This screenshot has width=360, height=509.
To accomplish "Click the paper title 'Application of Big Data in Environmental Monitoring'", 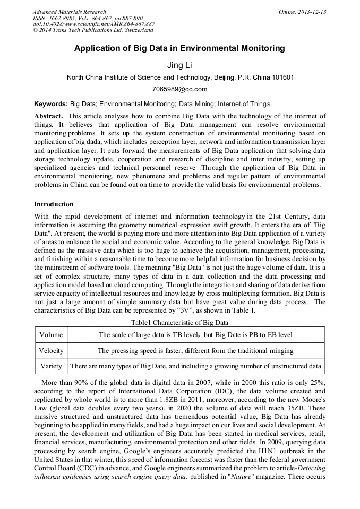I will pos(179,48).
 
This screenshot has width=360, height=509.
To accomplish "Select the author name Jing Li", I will pos(179,65).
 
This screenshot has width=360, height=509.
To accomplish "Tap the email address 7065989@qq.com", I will pos(179,89).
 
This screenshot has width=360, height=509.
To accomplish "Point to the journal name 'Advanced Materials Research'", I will pos(69,12).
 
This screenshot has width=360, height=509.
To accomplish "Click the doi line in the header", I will pos(93,24).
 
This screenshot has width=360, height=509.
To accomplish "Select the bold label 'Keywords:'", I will pos(51,104).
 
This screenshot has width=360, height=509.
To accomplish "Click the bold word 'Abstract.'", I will pos(49,116).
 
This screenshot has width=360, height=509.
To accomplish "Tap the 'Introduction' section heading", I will pos(54,204).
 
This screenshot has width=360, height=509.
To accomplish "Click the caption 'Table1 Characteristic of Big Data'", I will pos(179,322).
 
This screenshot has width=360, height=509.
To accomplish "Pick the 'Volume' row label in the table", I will pos(51,335).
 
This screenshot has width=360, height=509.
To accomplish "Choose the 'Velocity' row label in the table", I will pos(51,350).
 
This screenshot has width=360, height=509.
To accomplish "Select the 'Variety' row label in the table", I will pos(51,366).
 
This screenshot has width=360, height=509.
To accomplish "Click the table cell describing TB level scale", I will pos(195,335).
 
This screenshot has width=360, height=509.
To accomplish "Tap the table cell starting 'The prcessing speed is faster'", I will pos(195,350).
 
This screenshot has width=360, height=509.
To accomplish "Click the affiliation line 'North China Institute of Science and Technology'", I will pos(179,77).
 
